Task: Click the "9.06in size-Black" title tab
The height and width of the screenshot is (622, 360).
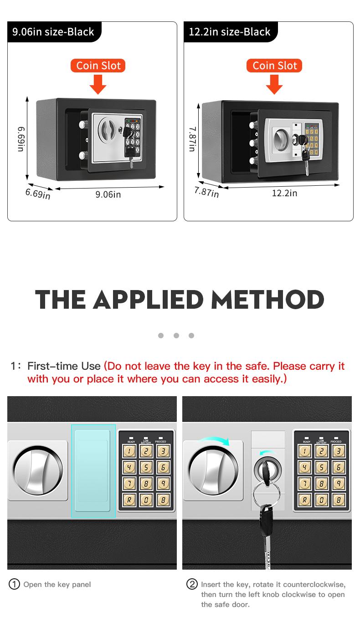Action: coord(53,32)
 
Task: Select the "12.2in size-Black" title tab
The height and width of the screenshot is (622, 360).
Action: coord(230,32)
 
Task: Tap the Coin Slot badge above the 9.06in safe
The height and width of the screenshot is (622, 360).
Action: coord(98,66)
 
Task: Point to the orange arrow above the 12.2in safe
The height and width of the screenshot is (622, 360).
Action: coord(274,84)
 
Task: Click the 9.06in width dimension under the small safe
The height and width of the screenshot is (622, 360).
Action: coord(108,194)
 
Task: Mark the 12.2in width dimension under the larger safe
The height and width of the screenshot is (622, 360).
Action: coord(284,193)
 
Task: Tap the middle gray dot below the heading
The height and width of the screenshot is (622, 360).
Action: coord(176,336)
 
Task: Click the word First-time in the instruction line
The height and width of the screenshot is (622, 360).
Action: coord(54,366)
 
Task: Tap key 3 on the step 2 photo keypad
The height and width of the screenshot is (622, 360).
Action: coord(338,451)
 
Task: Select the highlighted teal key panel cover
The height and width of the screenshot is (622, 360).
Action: coord(93,471)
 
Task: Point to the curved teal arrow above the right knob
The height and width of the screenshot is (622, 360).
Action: coord(214,441)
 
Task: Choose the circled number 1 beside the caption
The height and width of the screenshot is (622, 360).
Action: coord(15,584)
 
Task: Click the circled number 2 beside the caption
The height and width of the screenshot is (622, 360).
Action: coord(192,584)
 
